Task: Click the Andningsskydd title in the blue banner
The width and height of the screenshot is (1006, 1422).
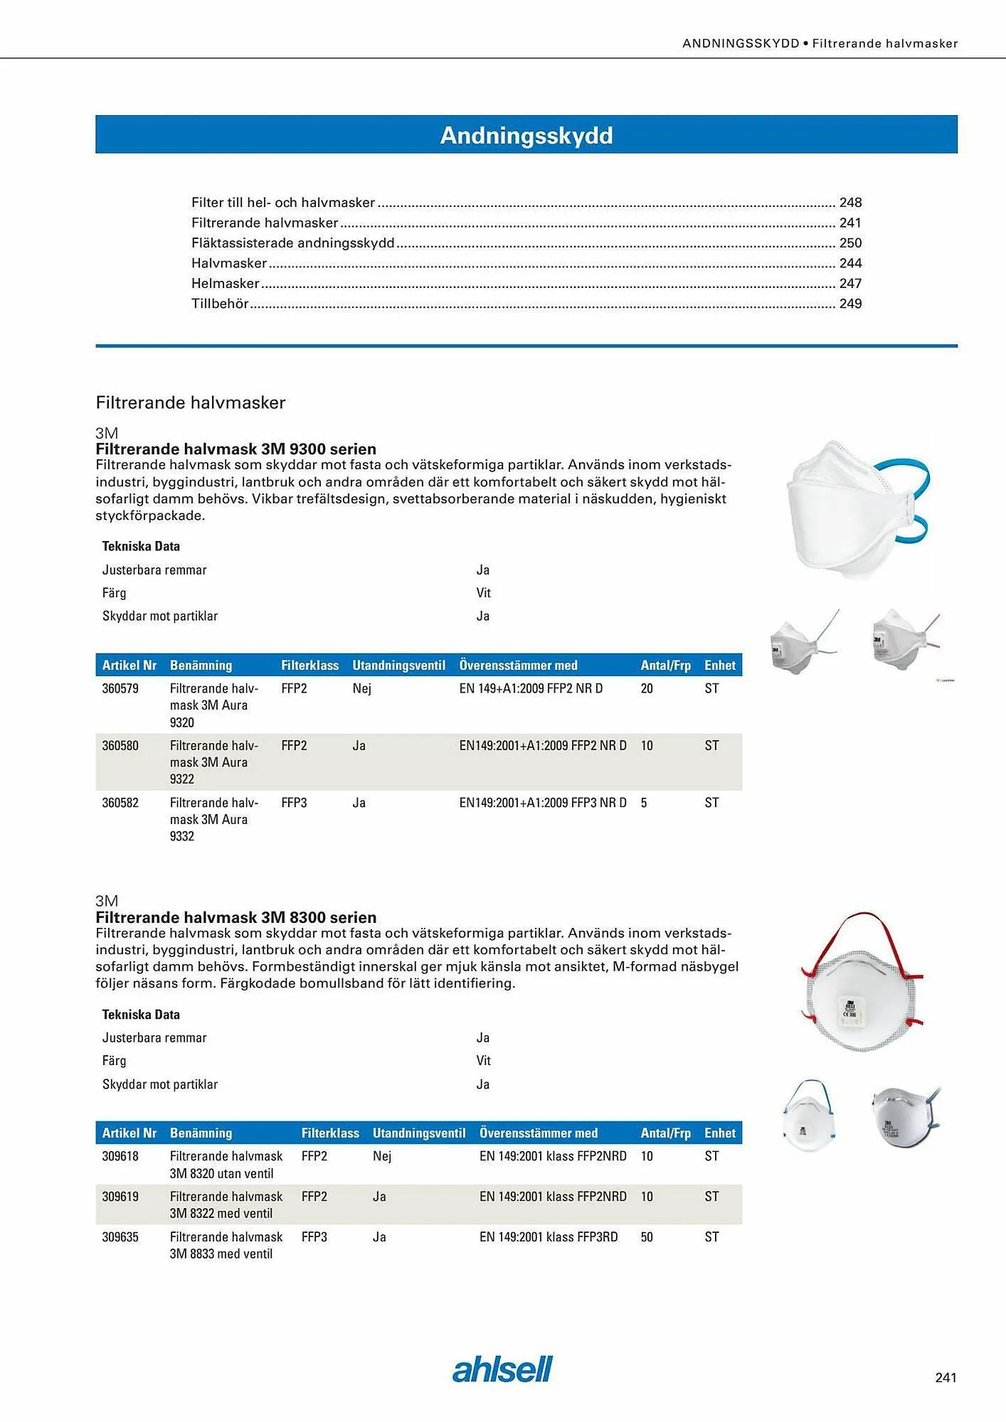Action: (x=526, y=135)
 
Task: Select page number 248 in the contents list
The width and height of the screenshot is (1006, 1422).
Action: (x=850, y=203)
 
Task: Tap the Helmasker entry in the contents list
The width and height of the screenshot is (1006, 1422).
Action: (x=225, y=284)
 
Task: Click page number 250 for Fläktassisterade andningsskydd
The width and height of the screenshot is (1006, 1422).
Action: (x=850, y=243)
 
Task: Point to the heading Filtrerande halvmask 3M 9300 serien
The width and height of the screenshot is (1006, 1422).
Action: (x=235, y=449)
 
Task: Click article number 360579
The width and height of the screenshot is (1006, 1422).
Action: (x=120, y=688)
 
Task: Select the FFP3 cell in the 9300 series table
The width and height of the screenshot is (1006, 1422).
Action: (x=294, y=803)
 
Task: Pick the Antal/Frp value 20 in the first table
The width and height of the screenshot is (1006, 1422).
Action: (x=647, y=688)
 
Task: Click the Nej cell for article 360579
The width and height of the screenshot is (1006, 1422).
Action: (x=361, y=688)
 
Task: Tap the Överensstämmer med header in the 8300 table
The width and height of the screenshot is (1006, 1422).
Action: (x=538, y=1133)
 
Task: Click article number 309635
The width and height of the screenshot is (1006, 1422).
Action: (x=120, y=1237)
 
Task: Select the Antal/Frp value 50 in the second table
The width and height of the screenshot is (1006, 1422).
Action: (x=647, y=1237)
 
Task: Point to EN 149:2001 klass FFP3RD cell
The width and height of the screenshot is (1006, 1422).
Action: (x=549, y=1237)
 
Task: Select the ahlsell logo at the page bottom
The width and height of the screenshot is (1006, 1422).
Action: (x=502, y=1369)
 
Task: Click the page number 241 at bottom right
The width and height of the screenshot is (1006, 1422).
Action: (x=946, y=1377)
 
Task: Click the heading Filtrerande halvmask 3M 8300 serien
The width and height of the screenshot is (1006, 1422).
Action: (x=235, y=917)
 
